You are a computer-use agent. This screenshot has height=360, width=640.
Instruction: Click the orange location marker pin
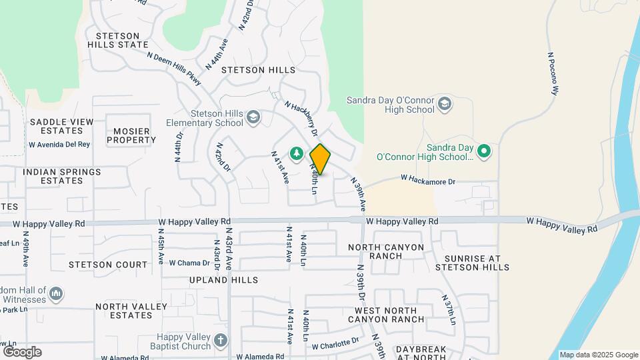coord(320,159)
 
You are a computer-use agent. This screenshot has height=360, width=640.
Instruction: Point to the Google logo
coord(22,352)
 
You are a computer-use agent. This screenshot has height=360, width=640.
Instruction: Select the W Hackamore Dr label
coord(427,181)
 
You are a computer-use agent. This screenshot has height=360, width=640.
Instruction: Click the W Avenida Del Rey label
coord(59,144)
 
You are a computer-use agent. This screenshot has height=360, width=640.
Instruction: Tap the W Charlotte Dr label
coord(335,344)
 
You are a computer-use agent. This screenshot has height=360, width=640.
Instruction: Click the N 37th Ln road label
coord(450,313)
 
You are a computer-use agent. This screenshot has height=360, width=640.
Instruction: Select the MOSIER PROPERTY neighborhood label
coord(131,135)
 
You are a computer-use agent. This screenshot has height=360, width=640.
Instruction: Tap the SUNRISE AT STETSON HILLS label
coord(472,263)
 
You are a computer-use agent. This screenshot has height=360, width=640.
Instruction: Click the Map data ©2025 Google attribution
coord(598,355)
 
